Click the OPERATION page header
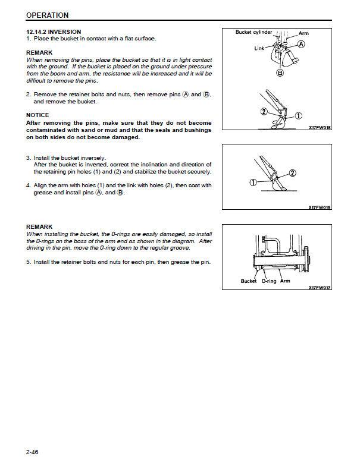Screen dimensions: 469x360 [47, 15]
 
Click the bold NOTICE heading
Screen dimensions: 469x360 [37, 115]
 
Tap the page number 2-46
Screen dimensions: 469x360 [32, 452]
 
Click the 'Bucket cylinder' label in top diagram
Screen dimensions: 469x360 [253, 32]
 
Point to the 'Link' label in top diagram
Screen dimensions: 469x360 [259, 48]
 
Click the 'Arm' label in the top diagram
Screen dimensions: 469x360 [303, 33]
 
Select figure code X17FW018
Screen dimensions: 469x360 [320, 127]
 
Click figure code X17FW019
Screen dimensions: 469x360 [320, 207]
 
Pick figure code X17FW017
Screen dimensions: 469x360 [320, 288]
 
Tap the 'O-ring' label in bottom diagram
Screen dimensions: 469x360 [269, 281]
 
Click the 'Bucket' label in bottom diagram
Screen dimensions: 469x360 [249, 281]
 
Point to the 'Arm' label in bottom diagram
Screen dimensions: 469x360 [285, 281]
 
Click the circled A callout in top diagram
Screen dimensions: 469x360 [302, 45]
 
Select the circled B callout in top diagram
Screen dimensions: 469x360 [280, 73]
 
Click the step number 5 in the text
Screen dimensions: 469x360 [28, 262]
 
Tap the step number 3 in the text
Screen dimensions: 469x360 [28, 158]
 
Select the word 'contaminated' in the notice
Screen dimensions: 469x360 [48, 130]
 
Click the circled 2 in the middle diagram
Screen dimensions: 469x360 [292, 173]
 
